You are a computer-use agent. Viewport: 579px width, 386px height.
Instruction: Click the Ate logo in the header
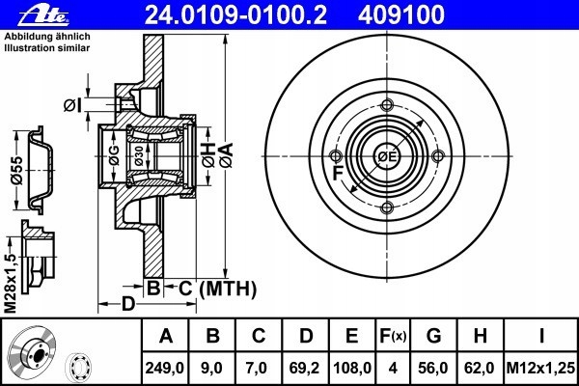(43, 15)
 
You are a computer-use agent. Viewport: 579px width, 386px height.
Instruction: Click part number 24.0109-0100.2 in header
(235, 15)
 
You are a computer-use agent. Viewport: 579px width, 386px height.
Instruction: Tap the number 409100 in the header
(401, 15)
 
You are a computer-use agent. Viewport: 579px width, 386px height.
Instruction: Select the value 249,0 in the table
(165, 368)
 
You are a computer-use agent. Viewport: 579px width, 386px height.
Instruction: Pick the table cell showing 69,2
(304, 368)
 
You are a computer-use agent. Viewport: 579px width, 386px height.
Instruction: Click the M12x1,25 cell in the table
(540, 368)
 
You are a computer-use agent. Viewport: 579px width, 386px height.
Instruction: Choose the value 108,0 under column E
(352, 368)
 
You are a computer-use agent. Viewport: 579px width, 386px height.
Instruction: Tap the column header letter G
(433, 336)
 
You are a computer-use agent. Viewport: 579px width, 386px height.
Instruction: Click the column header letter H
(480, 336)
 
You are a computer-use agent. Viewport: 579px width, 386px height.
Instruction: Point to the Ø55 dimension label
(16, 170)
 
